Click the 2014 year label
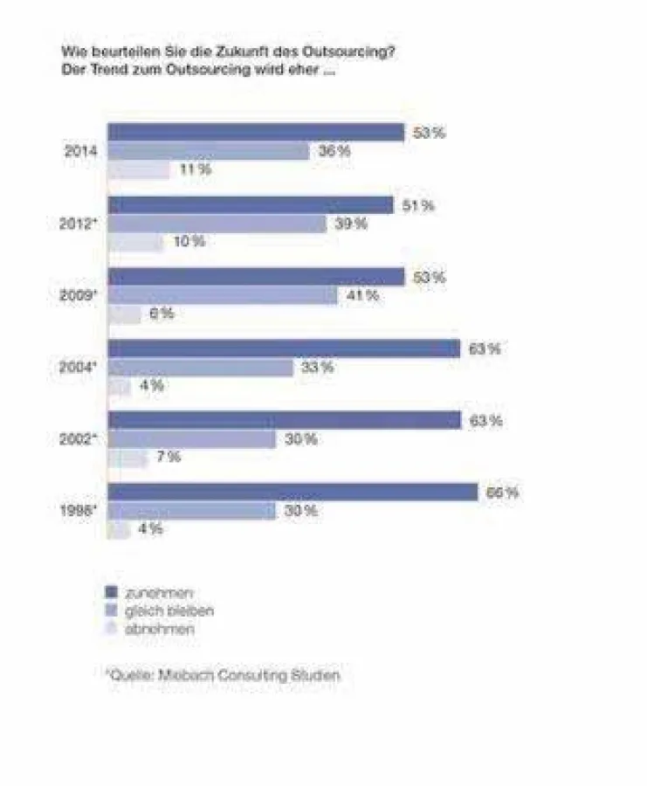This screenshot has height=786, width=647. (x=80, y=151)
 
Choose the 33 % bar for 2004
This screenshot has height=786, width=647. (x=200, y=368)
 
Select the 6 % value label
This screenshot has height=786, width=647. (x=162, y=314)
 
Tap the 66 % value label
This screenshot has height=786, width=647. (x=501, y=493)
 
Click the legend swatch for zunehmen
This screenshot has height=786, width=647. (x=111, y=592)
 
